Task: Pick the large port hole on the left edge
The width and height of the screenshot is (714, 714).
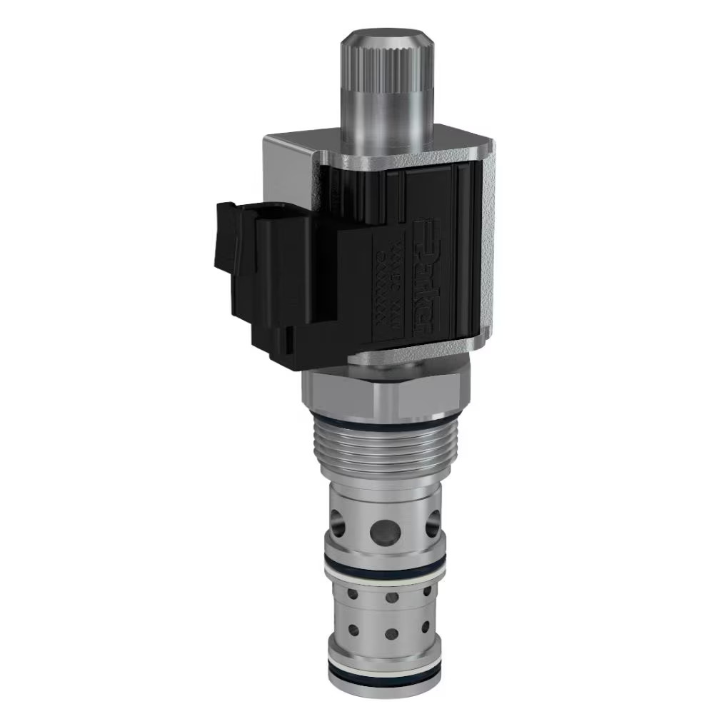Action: click(336, 527)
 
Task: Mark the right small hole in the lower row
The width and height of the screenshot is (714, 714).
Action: click(426, 628)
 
